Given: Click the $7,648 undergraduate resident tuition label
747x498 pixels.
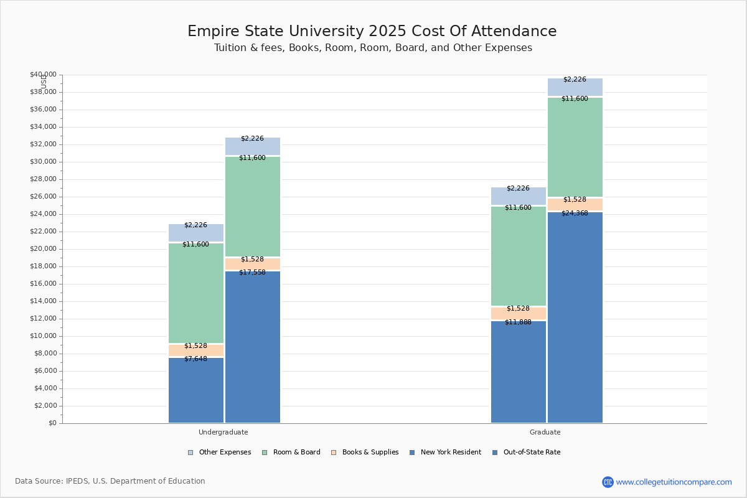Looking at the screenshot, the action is pyautogui.click(x=195, y=359).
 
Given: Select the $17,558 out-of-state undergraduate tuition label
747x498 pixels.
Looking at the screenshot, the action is pyautogui.click(x=253, y=273).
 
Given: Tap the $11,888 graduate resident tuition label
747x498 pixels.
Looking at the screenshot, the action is pyautogui.click(x=518, y=322).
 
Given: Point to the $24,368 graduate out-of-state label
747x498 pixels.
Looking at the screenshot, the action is pyautogui.click(x=575, y=213).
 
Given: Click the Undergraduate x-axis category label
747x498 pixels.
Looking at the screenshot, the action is pyautogui.click(x=223, y=432).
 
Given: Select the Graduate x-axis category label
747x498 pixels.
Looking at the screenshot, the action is pyautogui.click(x=545, y=432).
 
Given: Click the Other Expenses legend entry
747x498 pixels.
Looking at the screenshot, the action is pyautogui.click(x=219, y=453).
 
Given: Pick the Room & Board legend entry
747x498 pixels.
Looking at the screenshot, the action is pyautogui.click(x=291, y=453).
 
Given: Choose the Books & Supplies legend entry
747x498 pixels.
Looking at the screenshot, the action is pyautogui.click(x=365, y=453).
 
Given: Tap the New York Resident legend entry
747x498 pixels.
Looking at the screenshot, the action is pyautogui.click(x=446, y=453).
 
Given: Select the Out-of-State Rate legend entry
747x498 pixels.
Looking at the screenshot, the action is pyautogui.click(x=527, y=453).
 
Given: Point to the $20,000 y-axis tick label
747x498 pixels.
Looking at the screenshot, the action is pyautogui.click(x=44, y=249).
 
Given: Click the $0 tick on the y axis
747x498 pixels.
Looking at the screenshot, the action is pyautogui.click(x=53, y=423).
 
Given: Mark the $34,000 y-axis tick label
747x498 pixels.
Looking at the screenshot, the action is pyautogui.click(x=44, y=127).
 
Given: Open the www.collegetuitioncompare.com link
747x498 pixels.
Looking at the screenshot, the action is pyautogui.click(x=674, y=482).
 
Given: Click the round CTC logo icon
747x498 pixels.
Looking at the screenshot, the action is pyautogui.click(x=608, y=482).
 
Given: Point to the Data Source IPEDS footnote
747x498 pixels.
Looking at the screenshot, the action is pyautogui.click(x=110, y=481).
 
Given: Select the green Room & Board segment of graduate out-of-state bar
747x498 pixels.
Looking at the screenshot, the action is pyautogui.click(x=575, y=147).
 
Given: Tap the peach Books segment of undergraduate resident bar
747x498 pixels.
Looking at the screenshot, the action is pyautogui.click(x=195, y=350).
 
